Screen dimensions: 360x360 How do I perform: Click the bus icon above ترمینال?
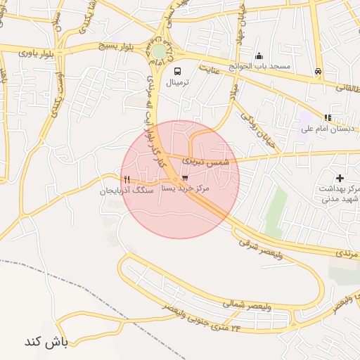coord(176,71)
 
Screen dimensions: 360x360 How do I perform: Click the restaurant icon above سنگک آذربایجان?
coord(126,179)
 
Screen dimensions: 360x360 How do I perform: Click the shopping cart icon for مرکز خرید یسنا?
coord(184,179)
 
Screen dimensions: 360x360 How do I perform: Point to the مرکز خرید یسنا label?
coord(188,189)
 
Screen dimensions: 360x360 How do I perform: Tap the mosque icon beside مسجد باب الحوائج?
coord(259,56)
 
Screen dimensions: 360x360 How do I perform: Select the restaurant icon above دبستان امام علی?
coord(327,117)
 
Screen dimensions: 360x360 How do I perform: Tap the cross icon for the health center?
coord(340,179)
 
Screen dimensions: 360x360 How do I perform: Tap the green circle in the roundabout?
coord(160,51)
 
